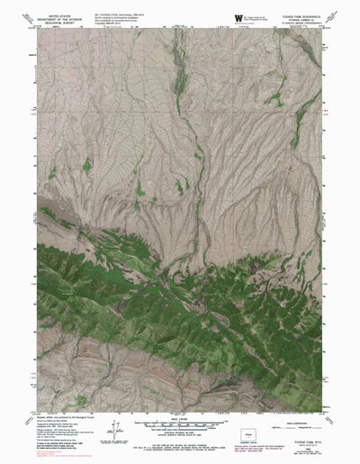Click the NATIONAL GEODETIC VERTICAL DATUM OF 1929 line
180,441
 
